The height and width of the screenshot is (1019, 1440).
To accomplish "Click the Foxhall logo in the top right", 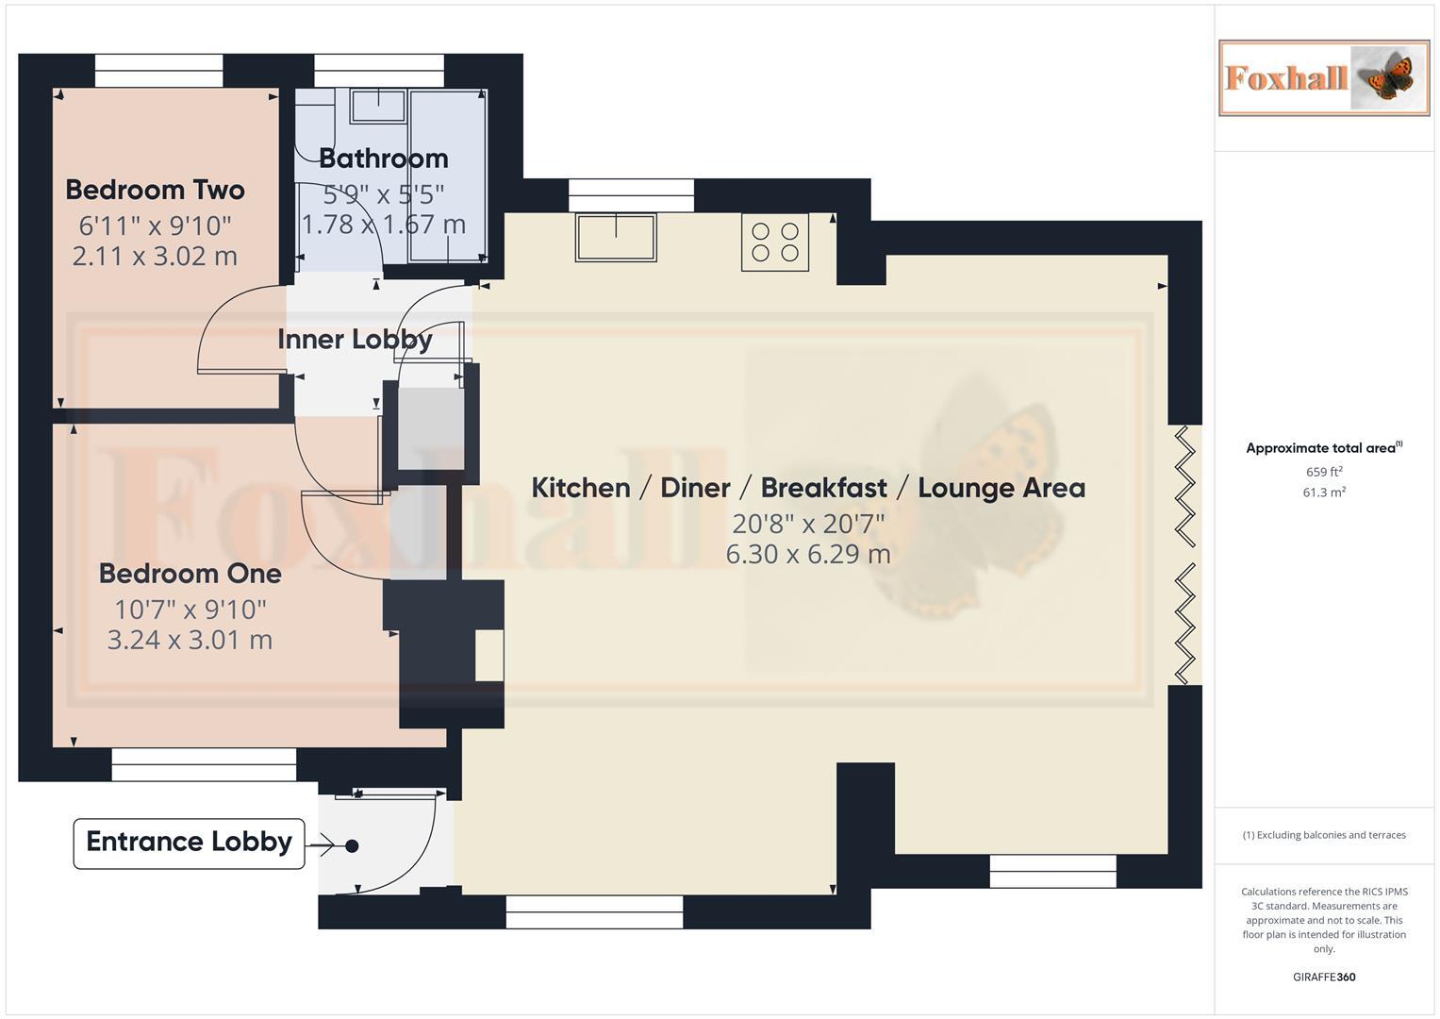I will (x=1323, y=77).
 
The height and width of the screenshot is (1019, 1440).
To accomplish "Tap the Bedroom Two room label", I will (x=155, y=190).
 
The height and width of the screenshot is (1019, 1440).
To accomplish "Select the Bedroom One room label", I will (x=190, y=574).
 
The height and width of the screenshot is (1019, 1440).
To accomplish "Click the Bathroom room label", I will (x=383, y=159).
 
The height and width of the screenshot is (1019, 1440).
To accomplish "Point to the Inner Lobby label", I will (x=355, y=340).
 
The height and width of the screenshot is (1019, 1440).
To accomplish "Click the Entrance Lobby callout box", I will (x=189, y=843).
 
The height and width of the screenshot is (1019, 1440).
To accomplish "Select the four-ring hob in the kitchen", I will (x=774, y=242).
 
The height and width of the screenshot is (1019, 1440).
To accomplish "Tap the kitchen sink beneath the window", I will (x=616, y=237).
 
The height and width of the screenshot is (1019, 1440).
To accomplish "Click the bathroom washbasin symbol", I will (x=379, y=106).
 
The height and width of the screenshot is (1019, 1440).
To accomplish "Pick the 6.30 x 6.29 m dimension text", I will (x=807, y=554).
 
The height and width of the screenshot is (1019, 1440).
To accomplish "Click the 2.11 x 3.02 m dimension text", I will (x=155, y=256).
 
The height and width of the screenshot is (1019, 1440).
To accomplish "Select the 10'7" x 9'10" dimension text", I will (x=190, y=610).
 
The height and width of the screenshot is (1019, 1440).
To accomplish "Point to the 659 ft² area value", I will (x=1323, y=472).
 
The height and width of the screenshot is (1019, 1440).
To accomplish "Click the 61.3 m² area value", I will (x=1323, y=493).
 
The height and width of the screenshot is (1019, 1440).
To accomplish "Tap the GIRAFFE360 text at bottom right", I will (x=1323, y=977).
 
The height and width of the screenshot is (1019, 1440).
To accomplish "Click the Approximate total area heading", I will (x=1323, y=448).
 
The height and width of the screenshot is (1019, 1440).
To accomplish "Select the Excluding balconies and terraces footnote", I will (x=1323, y=835).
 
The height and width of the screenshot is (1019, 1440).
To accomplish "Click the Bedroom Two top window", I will (x=158, y=71).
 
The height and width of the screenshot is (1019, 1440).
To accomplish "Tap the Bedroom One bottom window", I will (x=204, y=765).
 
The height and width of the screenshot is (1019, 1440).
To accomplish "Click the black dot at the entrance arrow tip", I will (x=352, y=846).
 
